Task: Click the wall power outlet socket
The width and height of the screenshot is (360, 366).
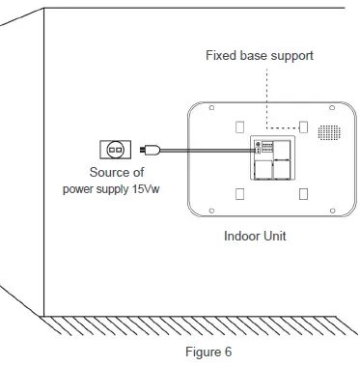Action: coord(114,150)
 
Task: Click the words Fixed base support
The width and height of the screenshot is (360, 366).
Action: coord(260,55)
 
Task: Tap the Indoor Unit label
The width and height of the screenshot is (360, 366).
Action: coord(257,235)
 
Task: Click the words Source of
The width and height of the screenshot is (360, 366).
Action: coord(116,172)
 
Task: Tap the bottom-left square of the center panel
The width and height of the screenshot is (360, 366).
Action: coord(260,170)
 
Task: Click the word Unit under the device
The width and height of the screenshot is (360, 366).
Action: coord(277,235)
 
